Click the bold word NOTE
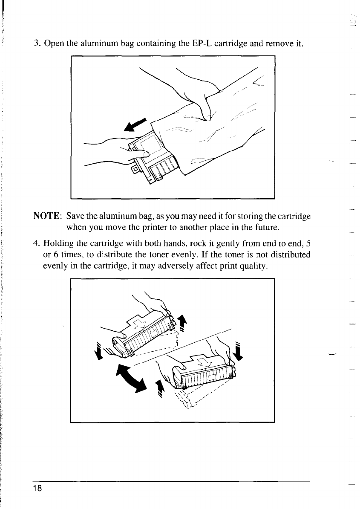[46, 217]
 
